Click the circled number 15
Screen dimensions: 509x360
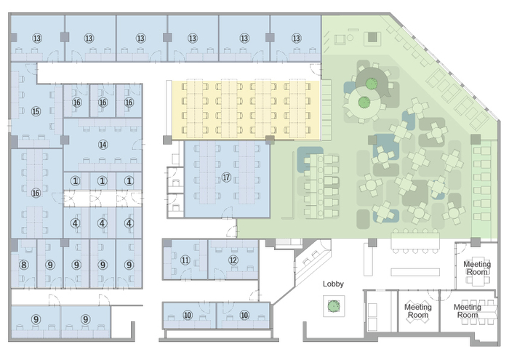(x=36, y=111)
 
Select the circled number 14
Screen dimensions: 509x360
(x=103, y=145)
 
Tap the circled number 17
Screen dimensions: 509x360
(x=226, y=177)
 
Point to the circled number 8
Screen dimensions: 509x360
(x=24, y=265)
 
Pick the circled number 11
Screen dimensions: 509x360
(x=185, y=260)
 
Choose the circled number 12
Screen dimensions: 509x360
(x=233, y=260)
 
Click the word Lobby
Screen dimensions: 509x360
(x=333, y=284)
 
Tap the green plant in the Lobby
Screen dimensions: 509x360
(x=333, y=305)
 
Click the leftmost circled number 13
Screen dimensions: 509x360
(x=37, y=39)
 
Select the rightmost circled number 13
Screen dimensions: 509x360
(x=296, y=39)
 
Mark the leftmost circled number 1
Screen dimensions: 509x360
(x=76, y=181)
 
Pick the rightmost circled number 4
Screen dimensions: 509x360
(x=129, y=223)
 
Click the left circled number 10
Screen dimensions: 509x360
(x=188, y=315)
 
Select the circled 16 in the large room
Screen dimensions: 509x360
(x=36, y=193)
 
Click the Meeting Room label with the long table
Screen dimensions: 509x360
(x=468, y=311)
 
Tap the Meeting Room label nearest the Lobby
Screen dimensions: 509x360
(x=418, y=311)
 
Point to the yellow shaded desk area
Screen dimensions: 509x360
(x=246, y=111)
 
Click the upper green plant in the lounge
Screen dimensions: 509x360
(x=372, y=84)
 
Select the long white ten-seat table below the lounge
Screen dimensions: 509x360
(x=415, y=241)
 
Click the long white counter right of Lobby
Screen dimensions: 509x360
(x=415, y=272)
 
